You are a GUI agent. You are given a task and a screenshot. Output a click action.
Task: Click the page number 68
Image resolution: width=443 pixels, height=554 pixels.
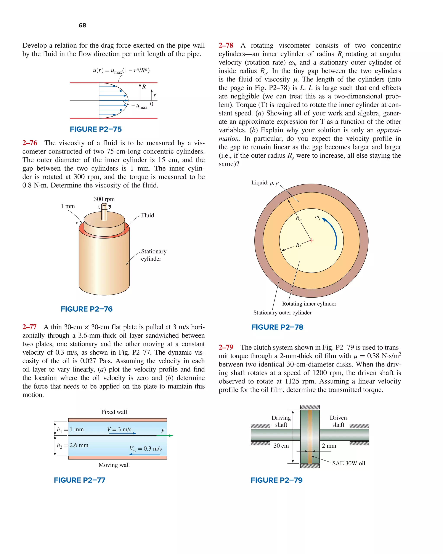pyautogui.click(x=82, y=25)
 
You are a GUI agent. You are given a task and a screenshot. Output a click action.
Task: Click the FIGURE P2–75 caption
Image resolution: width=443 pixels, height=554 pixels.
pyautogui.click(x=96, y=129)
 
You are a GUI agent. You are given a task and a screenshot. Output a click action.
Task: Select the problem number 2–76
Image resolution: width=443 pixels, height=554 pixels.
pyautogui.click(x=30, y=143)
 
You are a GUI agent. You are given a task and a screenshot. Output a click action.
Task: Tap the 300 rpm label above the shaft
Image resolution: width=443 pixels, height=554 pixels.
pyautogui.click(x=104, y=199)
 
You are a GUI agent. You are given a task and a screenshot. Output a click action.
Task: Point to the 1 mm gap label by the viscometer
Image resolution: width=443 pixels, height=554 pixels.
pyautogui.click(x=68, y=206)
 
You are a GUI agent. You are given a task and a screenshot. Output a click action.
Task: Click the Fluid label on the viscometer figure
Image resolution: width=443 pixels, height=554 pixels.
pyautogui.click(x=148, y=215)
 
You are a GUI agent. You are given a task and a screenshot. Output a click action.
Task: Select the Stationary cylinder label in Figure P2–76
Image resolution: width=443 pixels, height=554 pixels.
pyautogui.click(x=154, y=255)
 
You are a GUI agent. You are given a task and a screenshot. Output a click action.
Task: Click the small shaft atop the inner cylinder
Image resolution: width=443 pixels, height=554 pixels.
pyautogui.click(x=104, y=211)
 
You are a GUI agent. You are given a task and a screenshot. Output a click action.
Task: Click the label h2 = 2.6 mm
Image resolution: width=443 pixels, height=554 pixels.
pyautogui.click(x=72, y=445)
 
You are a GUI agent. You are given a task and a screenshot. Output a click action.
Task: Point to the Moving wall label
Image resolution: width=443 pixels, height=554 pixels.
pyautogui.click(x=114, y=465)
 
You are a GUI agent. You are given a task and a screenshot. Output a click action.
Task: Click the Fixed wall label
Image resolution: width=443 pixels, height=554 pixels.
pyautogui.click(x=114, y=412)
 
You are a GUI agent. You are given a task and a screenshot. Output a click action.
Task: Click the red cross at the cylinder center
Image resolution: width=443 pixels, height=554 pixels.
pyautogui.click(x=311, y=240)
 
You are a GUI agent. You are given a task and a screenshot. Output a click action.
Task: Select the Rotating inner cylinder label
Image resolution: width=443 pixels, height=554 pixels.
pyautogui.click(x=309, y=304)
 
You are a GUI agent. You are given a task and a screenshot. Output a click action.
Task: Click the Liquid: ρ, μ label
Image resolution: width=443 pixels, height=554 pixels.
pyautogui.click(x=265, y=183)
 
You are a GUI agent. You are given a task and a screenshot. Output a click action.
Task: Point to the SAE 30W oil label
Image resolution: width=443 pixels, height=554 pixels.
pyautogui.click(x=348, y=463)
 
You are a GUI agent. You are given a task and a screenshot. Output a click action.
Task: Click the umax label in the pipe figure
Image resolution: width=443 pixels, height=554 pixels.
pyautogui.click(x=142, y=106)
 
